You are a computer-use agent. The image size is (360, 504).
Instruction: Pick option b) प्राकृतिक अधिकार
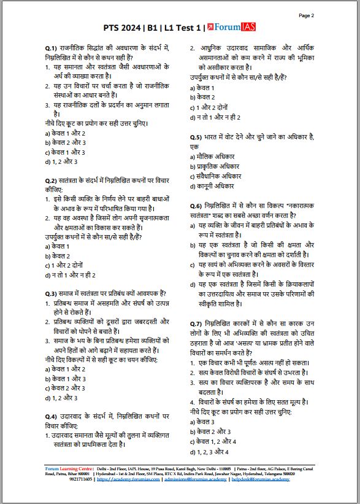tap(218, 167)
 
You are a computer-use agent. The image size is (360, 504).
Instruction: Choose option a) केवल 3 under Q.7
tap(202, 422)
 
